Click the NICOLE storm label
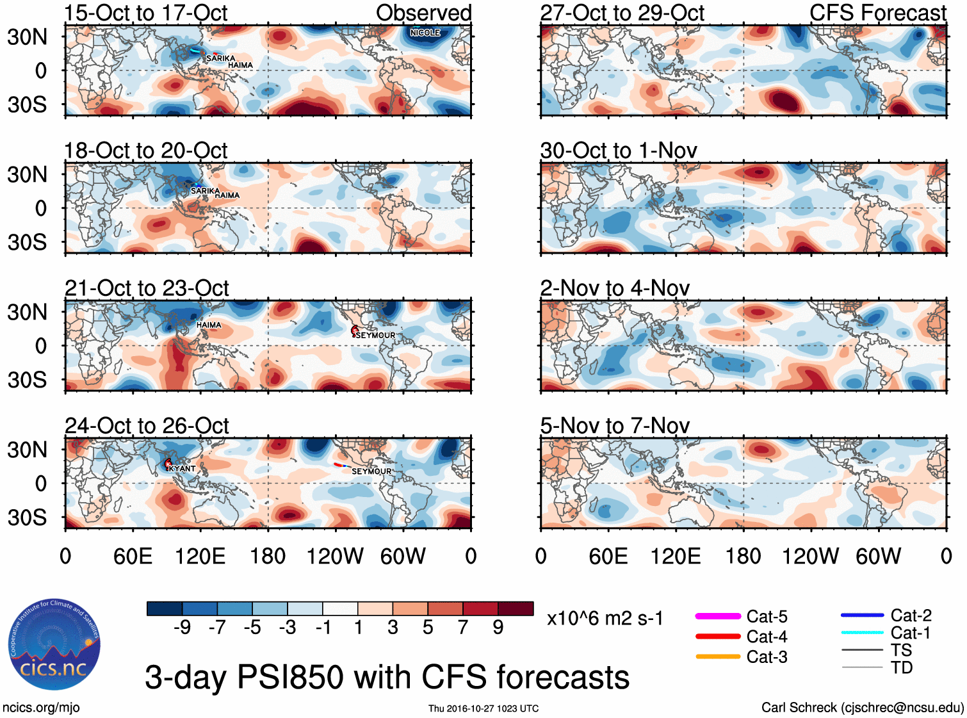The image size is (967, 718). point(425,33)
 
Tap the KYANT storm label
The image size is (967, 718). point(183,469)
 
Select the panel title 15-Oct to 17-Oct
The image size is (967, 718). point(145,13)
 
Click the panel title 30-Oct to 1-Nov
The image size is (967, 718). point(618,151)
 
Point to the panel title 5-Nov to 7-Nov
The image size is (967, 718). point(614,426)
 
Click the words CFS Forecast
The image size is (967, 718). point(877,13)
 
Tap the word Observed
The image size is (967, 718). point(423,13)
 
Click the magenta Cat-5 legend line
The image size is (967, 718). point(718,616)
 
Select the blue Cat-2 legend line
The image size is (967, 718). point(862,616)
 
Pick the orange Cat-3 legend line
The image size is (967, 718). point(718,657)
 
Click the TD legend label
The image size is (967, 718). point(902,667)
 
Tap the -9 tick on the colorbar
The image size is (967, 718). point(182,627)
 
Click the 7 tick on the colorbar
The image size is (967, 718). point(463,627)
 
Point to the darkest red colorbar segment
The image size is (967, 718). point(516,608)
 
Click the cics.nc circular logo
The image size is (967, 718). point(54,644)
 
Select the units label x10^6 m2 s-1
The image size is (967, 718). point(605,618)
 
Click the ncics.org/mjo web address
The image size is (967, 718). point(41,707)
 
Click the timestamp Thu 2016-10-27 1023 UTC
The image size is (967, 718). point(483,708)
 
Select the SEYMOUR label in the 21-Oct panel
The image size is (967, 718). point(375,336)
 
